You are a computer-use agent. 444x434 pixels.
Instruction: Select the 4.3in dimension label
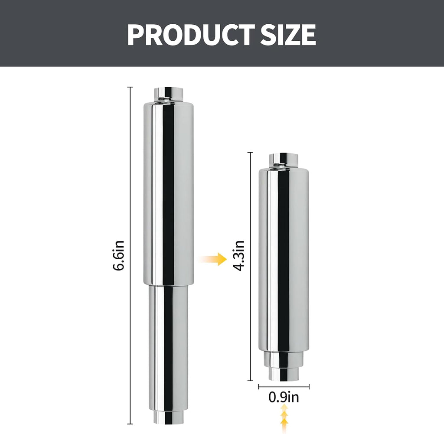pyautogui.click(x=239, y=256)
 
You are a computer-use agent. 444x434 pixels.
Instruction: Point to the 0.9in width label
pyautogui.click(x=284, y=397)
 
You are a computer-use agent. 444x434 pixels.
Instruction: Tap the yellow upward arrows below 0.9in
pyautogui.click(x=284, y=419)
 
